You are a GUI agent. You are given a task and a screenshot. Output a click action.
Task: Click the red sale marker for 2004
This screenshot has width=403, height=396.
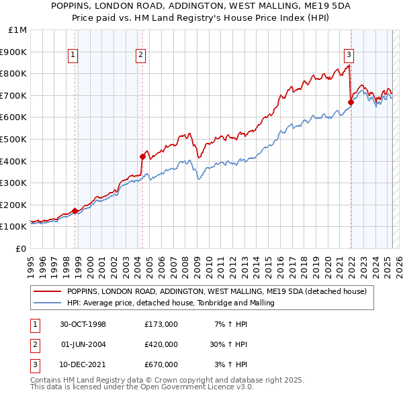click(142, 156)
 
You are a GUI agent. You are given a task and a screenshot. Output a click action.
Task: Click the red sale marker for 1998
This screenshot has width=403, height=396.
click(75, 211)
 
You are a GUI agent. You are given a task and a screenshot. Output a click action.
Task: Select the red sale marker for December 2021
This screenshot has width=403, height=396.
click(351, 102)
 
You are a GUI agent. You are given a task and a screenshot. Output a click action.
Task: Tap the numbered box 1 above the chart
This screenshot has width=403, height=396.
click(72, 56)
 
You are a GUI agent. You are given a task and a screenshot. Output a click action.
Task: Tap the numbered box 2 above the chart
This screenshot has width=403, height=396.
click(140, 56)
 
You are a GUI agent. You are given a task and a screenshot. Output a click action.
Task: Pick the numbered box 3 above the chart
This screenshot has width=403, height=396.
click(349, 56)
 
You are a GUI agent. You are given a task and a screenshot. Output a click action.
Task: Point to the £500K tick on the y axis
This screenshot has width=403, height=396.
click(13, 139)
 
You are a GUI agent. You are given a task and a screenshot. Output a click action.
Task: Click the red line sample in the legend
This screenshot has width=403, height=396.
click(47, 292)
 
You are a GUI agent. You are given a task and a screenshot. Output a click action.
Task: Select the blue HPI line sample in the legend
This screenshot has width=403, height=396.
click(47, 303)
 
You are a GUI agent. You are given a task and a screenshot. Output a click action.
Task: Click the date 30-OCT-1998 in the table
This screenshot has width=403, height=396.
click(83, 325)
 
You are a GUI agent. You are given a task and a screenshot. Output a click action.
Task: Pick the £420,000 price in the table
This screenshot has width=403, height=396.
click(161, 344)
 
